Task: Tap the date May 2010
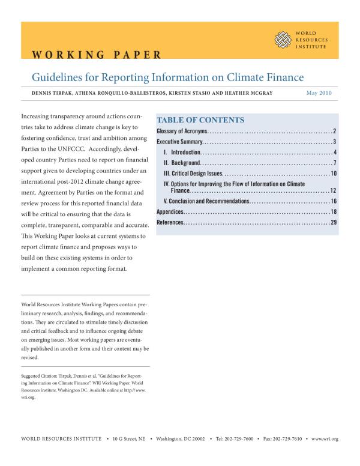319,93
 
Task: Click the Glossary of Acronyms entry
182,131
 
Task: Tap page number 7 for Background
334,163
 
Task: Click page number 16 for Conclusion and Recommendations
333,201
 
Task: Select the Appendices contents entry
170,212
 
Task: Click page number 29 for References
333,223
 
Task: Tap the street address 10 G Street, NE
128,439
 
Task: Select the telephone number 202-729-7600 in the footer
244,439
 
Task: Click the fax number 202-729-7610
288,439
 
